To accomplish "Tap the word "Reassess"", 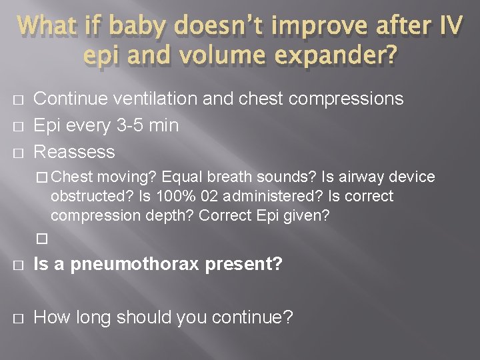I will click(x=74, y=152).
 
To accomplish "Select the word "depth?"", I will click(x=168, y=216).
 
